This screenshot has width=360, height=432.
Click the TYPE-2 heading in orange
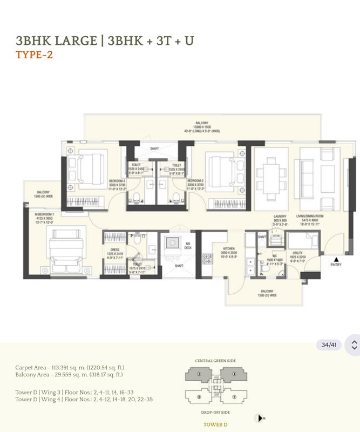pyautogui.click(x=35, y=55)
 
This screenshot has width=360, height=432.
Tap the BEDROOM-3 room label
pyautogui.click(x=118, y=181)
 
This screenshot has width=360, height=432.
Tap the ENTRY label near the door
pyautogui.click(x=336, y=264)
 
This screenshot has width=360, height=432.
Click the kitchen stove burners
pyautogui.click(x=207, y=258)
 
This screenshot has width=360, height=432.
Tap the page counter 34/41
pyautogui.click(x=329, y=345)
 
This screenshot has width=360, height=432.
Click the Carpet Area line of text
pyautogui.click(x=69, y=367)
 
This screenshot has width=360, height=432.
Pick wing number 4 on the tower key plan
pyautogui.click(x=235, y=373)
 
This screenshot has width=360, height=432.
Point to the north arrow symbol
pyautogui.click(x=260, y=418)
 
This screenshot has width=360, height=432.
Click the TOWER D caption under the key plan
pyautogui.click(x=215, y=424)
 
